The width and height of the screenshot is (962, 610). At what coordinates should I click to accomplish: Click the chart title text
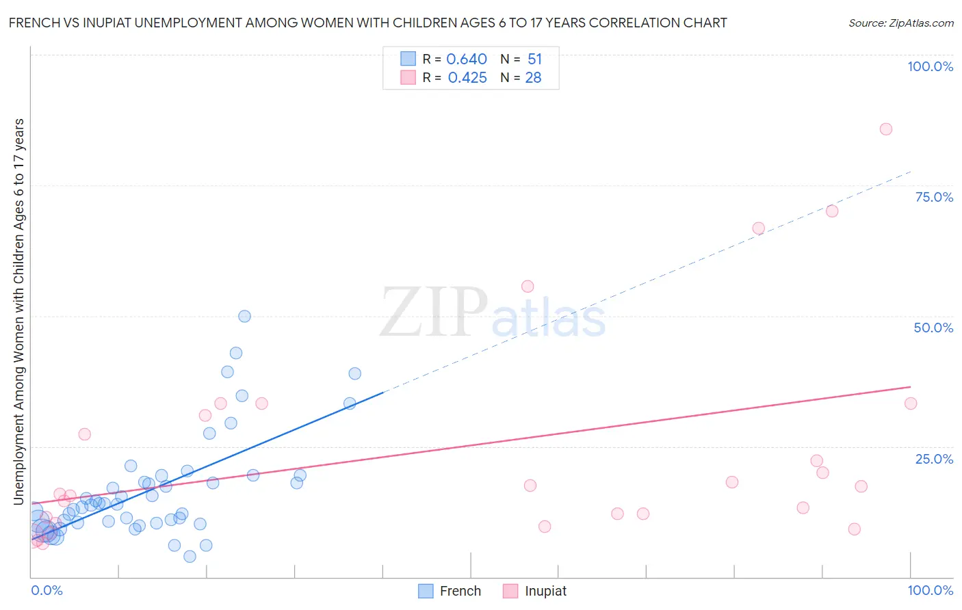367,23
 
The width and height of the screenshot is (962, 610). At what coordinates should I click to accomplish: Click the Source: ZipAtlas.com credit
900,23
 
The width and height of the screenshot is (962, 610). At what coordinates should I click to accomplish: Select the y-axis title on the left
18,311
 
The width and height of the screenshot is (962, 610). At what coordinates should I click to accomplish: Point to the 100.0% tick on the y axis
930,66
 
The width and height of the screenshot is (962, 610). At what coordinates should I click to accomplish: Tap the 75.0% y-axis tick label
934,197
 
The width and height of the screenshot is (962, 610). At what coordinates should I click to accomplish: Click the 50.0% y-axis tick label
933,328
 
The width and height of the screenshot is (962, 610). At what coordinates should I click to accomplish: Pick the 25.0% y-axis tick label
934,458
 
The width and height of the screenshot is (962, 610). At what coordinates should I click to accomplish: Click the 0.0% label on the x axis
47,590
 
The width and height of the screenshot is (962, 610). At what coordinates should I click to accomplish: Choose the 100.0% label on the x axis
930,590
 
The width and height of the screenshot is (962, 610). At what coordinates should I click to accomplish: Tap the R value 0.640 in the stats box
467,59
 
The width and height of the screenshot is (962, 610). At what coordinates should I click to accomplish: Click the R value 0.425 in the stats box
467,78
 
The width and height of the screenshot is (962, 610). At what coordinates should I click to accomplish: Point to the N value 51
534,59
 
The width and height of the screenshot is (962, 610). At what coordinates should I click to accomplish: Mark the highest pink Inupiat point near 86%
885,129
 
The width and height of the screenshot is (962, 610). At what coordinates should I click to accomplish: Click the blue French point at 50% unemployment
244,316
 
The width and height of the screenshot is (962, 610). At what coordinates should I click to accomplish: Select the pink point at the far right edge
910,403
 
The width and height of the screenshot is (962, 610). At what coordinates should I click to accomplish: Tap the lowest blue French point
190,556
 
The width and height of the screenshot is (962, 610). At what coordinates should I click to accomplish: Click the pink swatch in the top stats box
408,77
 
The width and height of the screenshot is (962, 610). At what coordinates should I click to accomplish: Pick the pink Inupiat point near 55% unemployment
527,287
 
